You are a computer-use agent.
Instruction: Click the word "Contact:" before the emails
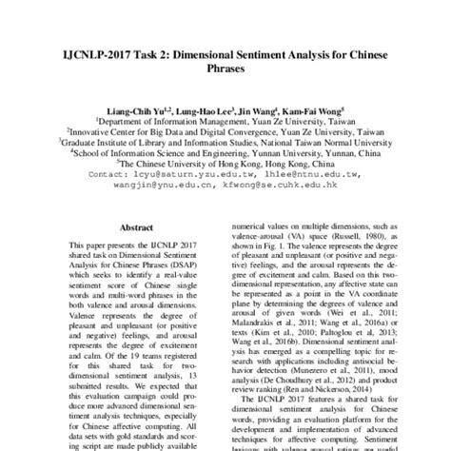point(112,176)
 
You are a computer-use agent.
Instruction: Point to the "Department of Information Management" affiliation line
point(225,125)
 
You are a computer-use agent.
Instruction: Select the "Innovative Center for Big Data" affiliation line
point(225,135)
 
